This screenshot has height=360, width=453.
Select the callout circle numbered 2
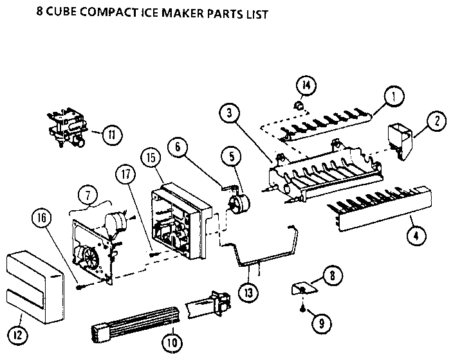[x=436, y=120]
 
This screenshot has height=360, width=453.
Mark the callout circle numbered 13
[x=248, y=291]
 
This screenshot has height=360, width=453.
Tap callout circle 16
[x=41, y=219]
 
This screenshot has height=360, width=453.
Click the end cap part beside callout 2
[x=397, y=139]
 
